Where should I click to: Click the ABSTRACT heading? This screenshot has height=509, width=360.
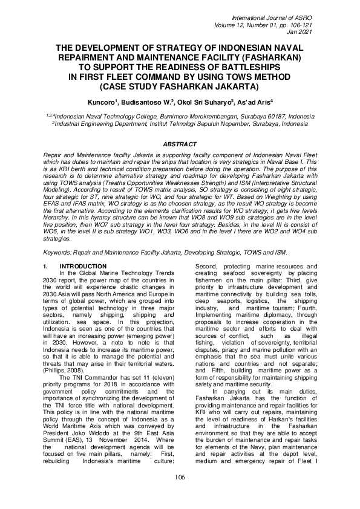pos(180,143)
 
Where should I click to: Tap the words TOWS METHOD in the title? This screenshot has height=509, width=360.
pos(257,79)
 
